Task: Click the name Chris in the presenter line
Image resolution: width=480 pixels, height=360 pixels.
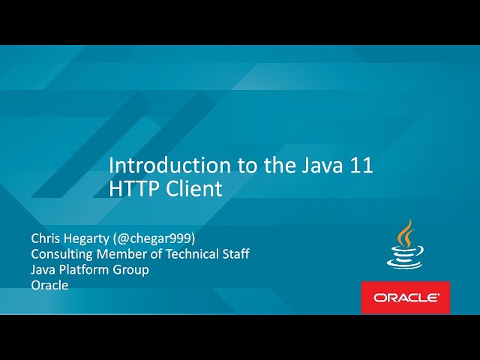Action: point(46,238)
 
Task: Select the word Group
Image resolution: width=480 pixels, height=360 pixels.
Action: point(132,270)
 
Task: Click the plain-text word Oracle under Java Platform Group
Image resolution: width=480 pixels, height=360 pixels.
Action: point(49,286)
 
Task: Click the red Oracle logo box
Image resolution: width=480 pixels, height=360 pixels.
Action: point(405,297)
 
